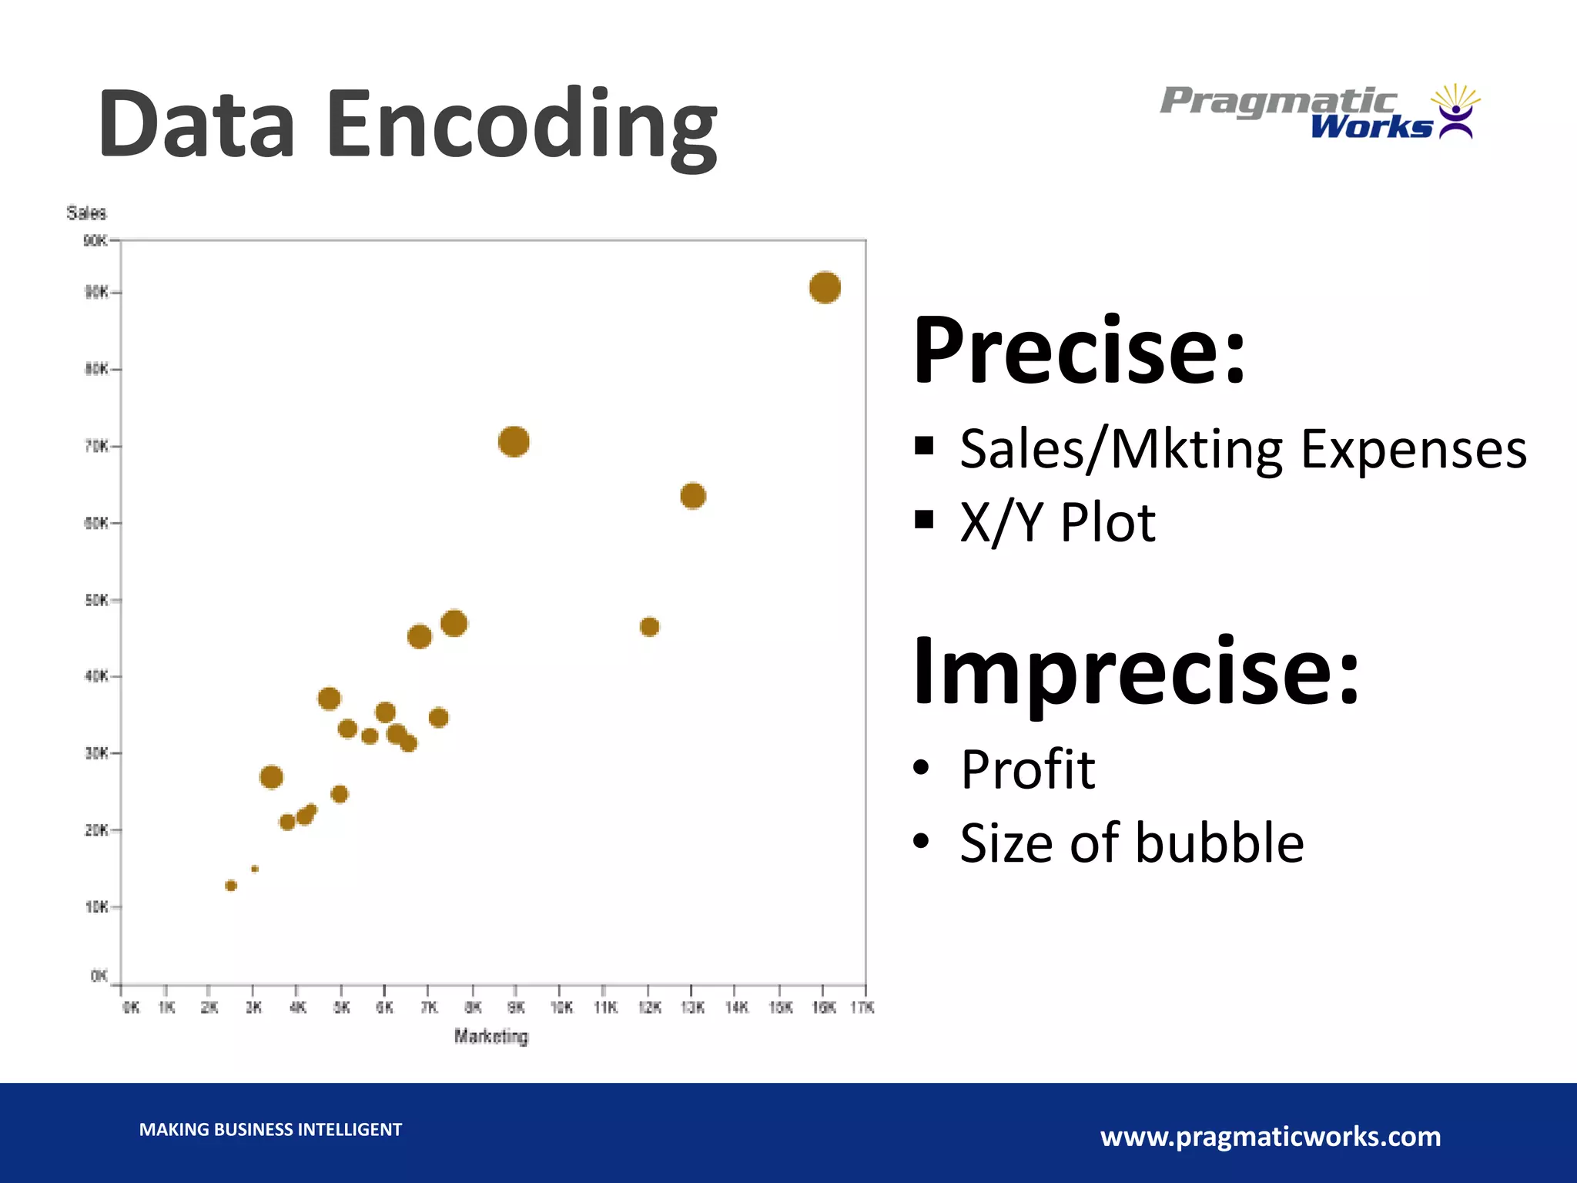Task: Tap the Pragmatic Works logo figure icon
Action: tap(1455, 112)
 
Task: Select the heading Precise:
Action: tap(1078, 351)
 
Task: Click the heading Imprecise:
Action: tap(1135, 672)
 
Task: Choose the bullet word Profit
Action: tap(1027, 769)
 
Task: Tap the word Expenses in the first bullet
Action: tap(1413, 449)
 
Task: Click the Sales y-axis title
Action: tap(86, 213)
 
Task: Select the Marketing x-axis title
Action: tap(491, 1037)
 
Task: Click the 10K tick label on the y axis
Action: tap(97, 907)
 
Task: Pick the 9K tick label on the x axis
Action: tap(516, 1007)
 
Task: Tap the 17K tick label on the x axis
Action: tap(862, 1007)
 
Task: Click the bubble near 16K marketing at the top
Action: tap(825, 288)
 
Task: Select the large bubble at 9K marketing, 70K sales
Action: tap(514, 441)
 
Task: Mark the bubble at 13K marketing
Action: tap(693, 496)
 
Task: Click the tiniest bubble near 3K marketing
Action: tap(255, 869)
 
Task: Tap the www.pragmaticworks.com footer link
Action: tap(1271, 1137)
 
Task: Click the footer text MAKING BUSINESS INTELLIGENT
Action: tap(270, 1130)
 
